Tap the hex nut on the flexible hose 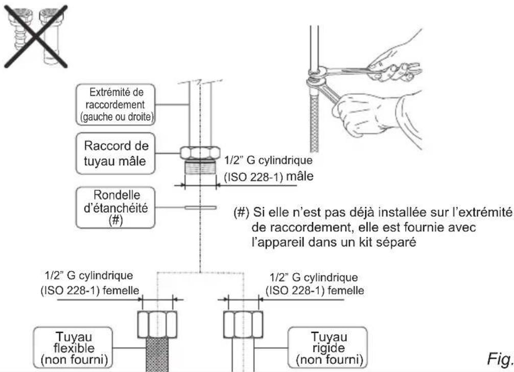click(x=158, y=321)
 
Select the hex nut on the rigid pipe click(x=244, y=321)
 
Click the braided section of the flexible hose click(x=158, y=352)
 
